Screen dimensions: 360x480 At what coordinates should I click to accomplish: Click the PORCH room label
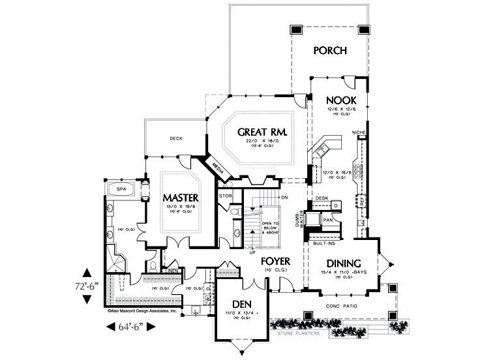(329, 50)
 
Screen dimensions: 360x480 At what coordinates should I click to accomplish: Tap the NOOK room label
(338, 100)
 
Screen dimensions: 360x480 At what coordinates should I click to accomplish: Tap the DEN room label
(241, 303)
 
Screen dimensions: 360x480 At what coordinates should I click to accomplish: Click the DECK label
(175, 138)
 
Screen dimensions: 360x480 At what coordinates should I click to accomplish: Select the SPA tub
(121, 189)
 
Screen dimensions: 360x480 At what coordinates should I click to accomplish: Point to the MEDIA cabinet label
(218, 168)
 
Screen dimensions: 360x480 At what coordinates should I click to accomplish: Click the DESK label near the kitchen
(321, 198)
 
